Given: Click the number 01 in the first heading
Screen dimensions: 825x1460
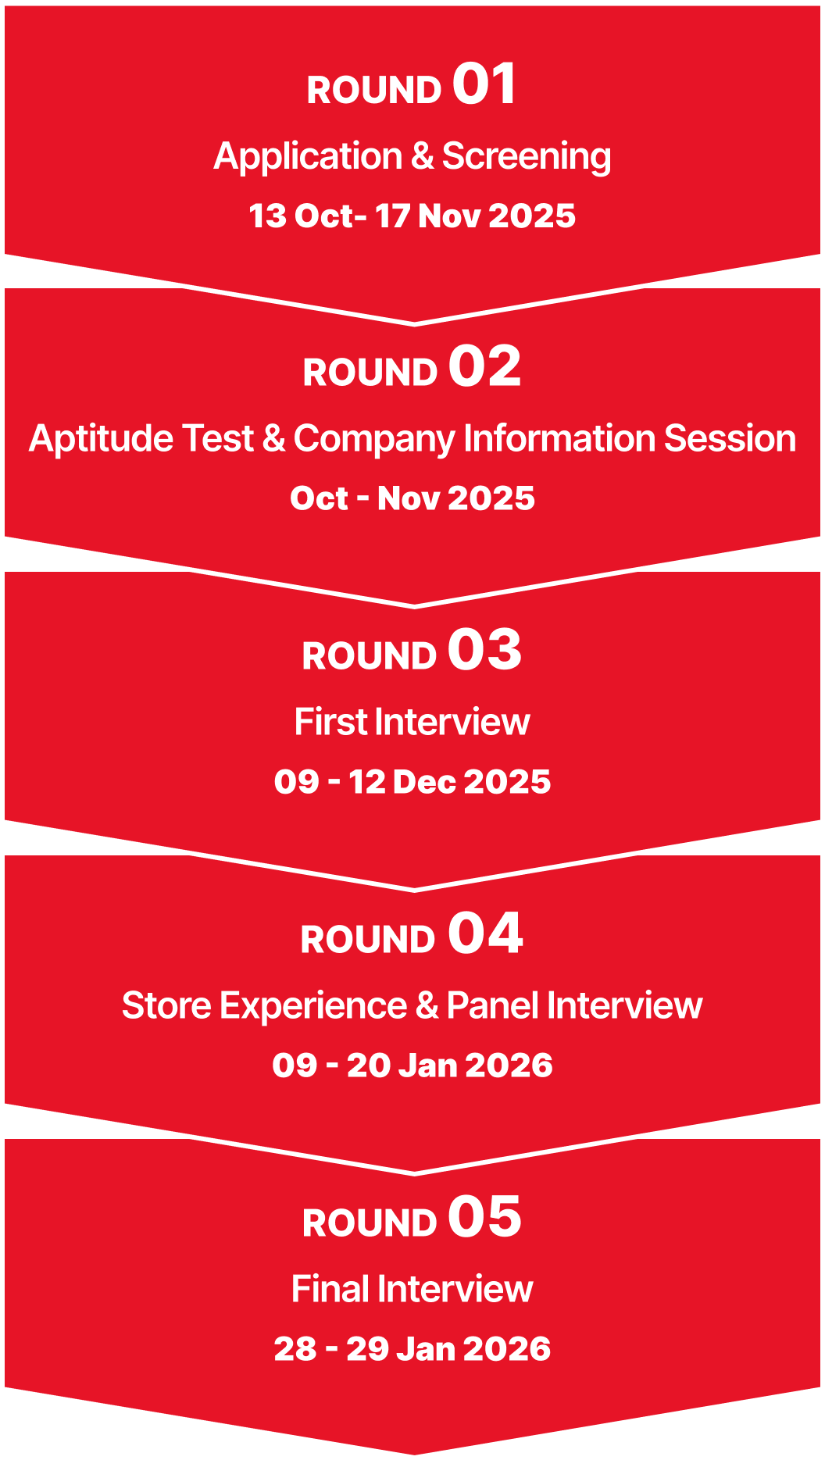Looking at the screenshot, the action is pyautogui.click(x=484, y=84).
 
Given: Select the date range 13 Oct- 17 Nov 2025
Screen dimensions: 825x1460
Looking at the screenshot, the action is pyautogui.click(x=412, y=216).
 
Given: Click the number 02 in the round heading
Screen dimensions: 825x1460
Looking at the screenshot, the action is pyautogui.click(x=484, y=366).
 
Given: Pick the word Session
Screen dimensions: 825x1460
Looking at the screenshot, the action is pyautogui.click(x=730, y=439).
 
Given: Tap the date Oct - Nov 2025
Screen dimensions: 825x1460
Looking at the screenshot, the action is pyautogui.click(x=412, y=498).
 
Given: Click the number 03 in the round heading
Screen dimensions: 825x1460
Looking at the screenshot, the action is pyautogui.click(x=484, y=650).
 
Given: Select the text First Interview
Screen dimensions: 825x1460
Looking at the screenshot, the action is pyautogui.click(x=412, y=722).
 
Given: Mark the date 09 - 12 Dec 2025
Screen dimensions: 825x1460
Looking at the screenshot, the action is pyautogui.click(x=412, y=782).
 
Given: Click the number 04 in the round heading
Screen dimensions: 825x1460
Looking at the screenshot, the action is pyautogui.click(x=485, y=933).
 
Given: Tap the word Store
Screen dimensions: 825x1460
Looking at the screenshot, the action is pyautogui.click(x=166, y=1005).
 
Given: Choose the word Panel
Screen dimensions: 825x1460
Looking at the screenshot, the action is pyautogui.click(x=494, y=1005).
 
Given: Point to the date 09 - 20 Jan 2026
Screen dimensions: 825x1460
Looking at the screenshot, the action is pyautogui.click(x=412, y=1066).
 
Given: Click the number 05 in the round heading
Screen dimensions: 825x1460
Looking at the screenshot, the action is pyautogui.click(x=484, y=1217).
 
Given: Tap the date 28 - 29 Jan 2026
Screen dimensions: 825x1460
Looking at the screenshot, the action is pyautogui.click(x=412, y=1349).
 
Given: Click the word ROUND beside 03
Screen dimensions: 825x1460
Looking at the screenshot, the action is pyautogui.click(x=370, y=656).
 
